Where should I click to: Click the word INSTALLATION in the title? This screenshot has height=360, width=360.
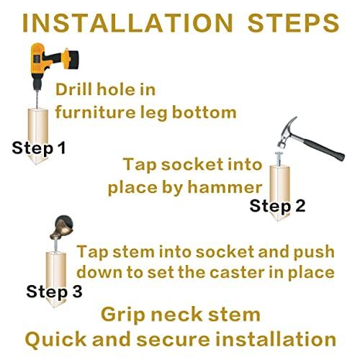(x=127, y=23)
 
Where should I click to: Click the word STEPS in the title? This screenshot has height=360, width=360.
(x=293, y=23)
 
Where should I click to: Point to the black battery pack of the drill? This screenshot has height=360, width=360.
(x=73, y=59)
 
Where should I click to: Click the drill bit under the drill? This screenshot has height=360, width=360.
(x=37, y=99)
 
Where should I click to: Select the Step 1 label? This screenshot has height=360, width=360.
(x=39, y=148)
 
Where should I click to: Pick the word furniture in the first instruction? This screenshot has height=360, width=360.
(x=96, y=112)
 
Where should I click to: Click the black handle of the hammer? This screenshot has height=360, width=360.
(x=323, y=148)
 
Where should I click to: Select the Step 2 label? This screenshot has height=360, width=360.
(x=277, y=206)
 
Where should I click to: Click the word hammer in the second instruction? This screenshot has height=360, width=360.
(x=225, y=187)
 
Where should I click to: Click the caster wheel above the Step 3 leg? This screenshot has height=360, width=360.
(x=62, y=227)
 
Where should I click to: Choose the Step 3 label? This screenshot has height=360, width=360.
(x=54, y=292)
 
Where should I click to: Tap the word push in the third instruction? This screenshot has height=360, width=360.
(x=314, y=252)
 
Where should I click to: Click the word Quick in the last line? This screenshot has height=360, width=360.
(x=55, y=340)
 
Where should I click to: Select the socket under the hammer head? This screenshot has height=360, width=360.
(x=279, y=159)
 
